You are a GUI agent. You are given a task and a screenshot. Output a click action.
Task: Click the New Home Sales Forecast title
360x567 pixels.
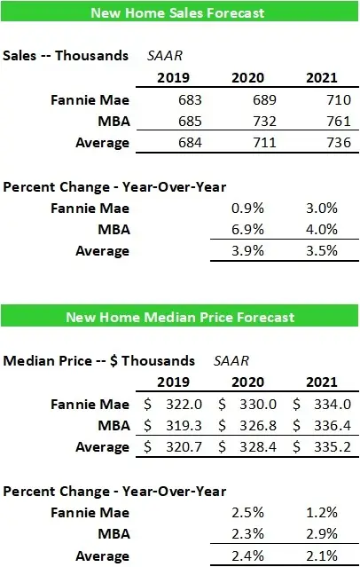pyautogui.click(x=180, y=14)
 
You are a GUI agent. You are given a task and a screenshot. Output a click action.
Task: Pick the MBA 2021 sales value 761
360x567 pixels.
pyautogui.click(x=333, y=121)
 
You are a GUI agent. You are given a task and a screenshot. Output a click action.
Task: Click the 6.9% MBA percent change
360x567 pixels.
pyautogui.click(x=264, y=229)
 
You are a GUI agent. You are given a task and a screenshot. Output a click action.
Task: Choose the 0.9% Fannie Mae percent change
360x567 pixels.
pyautogui.click(x=264, y=208)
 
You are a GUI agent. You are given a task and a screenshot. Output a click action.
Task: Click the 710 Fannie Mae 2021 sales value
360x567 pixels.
pyautogui.click(x=333, y=99)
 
